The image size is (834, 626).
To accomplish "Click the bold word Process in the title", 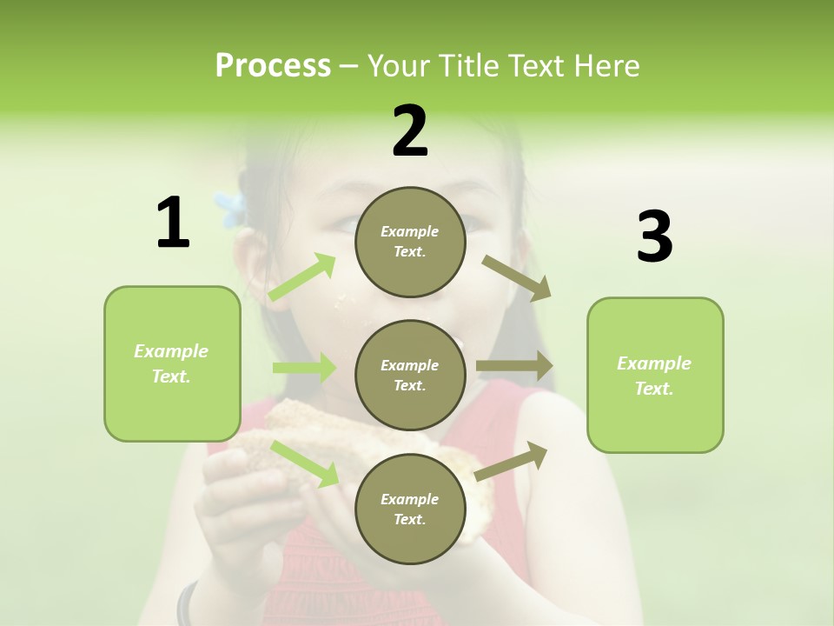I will point(273,66).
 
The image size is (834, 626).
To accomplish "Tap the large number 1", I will point(173,223).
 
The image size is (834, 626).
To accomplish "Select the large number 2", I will point(410,131).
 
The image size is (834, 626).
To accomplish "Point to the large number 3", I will point(654,238).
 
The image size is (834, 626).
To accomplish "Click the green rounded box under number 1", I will point(172,363).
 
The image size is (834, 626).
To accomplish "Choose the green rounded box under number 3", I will point(655,376).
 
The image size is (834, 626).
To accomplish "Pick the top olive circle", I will point(410,242).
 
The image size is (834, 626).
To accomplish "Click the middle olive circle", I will point(410,375).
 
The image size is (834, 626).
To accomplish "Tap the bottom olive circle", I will point(410,509).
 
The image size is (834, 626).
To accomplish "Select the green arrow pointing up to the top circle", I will point(302,277).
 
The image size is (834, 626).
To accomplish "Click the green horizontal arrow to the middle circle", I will point(304,368).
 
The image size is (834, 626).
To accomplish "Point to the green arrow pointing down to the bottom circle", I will point(305,463).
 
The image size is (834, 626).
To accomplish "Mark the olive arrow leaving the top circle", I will point(516,277).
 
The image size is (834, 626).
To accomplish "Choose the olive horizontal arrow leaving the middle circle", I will point(514,366).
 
